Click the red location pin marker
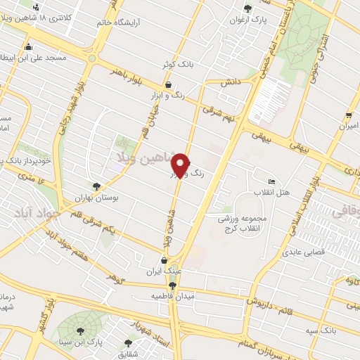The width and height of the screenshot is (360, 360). pyautogui.click(x=181, y=165)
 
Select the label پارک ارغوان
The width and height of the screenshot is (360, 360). pyautogui.click(x=247, y=19)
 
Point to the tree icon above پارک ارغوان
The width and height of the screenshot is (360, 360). pyautogui.click(x=247, y=8)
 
